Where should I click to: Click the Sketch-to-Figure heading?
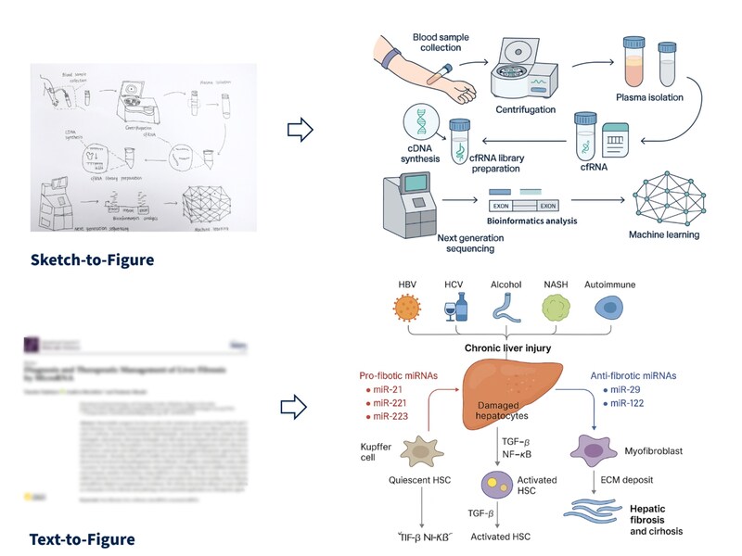click(x=92, y=260)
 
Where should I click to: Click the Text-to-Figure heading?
click(x=82, y=538)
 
